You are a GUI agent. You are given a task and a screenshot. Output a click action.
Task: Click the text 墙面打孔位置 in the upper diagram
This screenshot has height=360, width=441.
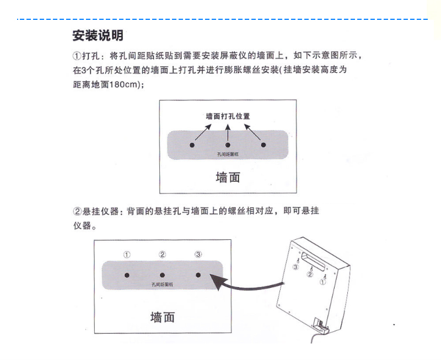pyautogui.click(x=228, y=117)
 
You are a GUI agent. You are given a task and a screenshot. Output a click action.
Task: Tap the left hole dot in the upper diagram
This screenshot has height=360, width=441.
pyautogui.click(x=192, y=145)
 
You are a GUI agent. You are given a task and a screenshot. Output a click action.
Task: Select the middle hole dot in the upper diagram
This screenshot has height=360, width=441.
pyautogui.click(x=228, y=145)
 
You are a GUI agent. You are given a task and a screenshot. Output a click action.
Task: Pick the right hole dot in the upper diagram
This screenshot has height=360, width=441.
pyautogui.click(x=263, y=145)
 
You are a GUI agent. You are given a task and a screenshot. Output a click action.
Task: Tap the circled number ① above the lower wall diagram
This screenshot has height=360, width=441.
pyautogui.click(x=127, y=255)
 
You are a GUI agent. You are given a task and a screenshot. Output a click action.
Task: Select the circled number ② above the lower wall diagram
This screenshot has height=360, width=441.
pyautogui.click(x=162, y=255)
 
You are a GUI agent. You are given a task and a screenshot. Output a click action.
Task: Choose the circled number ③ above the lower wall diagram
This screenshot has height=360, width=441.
pyautogui.click(x=198, y=255)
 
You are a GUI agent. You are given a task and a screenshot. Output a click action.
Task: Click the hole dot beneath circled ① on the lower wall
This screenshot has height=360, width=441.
pyautogui.click(x=127, y=275)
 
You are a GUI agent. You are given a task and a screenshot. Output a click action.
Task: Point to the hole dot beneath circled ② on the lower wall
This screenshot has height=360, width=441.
pyautogui.click(x=162, y=275)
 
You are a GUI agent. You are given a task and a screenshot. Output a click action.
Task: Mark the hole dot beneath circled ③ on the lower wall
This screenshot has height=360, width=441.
pyautogui.click(x=198, y=275)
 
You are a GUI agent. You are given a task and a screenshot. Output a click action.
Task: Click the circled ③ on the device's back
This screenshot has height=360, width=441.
pyautogui.click(x=296, y=267)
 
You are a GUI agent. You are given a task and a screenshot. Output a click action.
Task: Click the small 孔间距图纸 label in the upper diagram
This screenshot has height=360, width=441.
pyautogui.click(x=227, y=154)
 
